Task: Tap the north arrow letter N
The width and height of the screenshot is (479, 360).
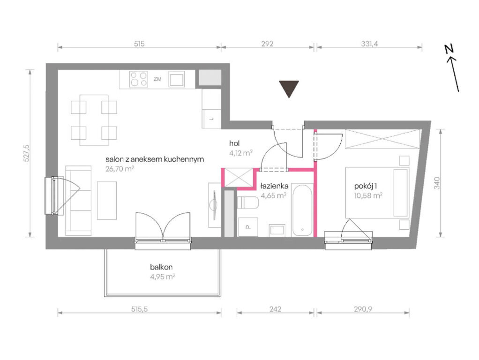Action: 449,49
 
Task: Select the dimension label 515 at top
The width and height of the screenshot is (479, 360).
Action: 139,44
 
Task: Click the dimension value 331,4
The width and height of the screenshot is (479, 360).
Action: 369,44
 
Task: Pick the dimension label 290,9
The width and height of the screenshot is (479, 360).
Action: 363,309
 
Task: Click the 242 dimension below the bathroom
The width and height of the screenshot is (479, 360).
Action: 275,309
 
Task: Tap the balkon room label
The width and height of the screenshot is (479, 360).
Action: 161,267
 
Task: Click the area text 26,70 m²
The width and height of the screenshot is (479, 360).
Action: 120,169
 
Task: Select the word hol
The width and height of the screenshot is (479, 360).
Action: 234,143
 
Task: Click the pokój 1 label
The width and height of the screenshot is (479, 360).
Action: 363,186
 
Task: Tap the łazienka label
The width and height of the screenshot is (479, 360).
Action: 274,186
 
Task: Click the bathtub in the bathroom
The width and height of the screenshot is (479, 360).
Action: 302,210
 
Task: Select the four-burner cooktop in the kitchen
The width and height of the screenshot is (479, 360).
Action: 138,79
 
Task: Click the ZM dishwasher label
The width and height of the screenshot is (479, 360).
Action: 157,79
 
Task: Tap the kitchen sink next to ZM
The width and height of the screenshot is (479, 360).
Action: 177,79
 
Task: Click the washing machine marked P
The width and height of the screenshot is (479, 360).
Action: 248,227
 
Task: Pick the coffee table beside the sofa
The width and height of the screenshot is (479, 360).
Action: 106,201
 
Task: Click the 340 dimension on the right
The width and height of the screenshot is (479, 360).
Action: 437,183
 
